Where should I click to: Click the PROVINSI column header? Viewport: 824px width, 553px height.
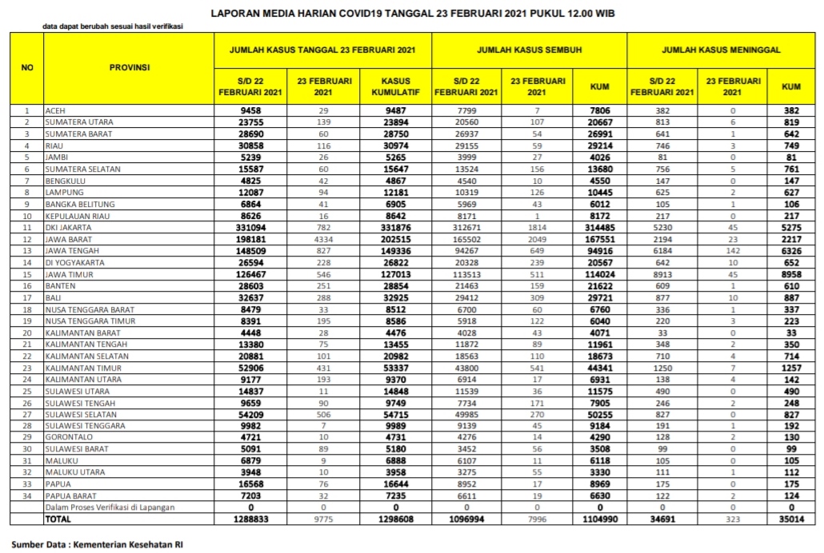[x=130, y=68]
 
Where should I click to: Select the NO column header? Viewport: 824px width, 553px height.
[x=26, y=68]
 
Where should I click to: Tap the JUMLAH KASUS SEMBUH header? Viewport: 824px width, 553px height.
[x=530, y=50]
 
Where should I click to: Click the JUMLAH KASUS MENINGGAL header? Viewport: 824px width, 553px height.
[x=722, y=50]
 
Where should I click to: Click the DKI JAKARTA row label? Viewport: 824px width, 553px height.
[x=69, y=228]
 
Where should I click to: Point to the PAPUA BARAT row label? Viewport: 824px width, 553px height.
[x=71, y=495]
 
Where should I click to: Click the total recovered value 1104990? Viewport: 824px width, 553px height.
[x=598, y=519]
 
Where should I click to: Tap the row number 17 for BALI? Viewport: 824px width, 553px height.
[x=26, y=298]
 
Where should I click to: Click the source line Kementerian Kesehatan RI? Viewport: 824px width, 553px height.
[x=97, y=543]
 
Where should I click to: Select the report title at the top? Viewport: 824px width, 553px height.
[x=412, y=14]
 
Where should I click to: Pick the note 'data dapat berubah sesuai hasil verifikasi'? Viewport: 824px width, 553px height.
[x=112, y=26]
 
